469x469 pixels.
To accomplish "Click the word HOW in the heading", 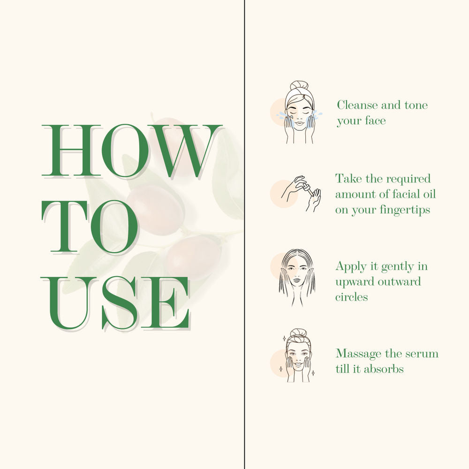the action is [132, 151].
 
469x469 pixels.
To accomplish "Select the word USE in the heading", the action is [116, 303].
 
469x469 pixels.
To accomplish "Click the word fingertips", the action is [405, 210].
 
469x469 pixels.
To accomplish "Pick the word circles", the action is [351, 297].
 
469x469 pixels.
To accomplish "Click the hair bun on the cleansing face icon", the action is [299, 84].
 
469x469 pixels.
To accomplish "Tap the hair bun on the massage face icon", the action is [299, 333].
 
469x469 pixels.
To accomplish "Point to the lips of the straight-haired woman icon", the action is [296, 280].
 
